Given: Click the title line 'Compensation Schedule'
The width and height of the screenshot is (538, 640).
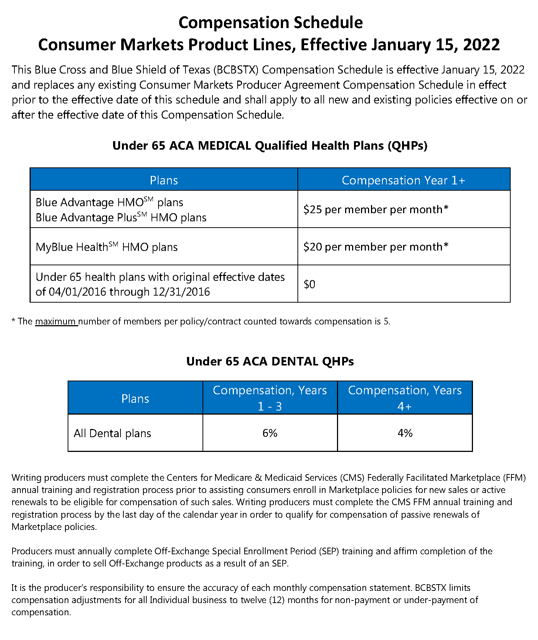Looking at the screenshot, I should point(270,23).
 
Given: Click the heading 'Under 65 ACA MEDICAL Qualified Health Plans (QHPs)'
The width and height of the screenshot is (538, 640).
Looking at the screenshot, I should point(270,146).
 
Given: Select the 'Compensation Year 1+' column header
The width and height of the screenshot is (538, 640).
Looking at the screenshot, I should point(403,180).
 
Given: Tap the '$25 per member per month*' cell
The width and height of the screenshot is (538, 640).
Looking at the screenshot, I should point(376,210).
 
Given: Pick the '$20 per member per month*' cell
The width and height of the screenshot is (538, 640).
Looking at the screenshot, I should point(376,247).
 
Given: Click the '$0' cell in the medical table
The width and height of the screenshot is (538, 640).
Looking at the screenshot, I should point(310,284).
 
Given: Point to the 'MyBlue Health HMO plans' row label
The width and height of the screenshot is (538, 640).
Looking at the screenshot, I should point(106,247).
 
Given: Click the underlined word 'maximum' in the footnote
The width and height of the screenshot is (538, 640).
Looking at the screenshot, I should point(56,321).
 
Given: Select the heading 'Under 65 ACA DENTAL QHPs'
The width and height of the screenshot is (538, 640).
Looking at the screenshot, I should point(270,361).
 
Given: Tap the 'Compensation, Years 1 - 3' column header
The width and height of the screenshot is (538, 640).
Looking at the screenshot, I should point(270,398).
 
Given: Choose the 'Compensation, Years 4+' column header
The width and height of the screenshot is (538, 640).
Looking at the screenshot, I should point(405,398).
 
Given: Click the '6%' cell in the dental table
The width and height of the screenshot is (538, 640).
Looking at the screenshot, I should point(270,433).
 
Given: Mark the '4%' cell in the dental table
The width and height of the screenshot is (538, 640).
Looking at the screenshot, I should point(405,433).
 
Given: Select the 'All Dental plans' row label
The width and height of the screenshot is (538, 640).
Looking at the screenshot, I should point(112,433).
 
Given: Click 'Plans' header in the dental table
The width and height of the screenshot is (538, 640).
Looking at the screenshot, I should point(135,399).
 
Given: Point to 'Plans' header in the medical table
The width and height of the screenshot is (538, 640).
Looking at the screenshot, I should point(164,180).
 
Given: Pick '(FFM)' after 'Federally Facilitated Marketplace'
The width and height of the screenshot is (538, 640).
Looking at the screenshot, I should point(514,478).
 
